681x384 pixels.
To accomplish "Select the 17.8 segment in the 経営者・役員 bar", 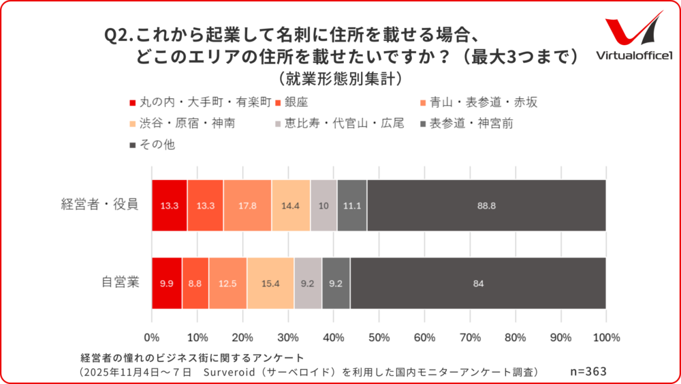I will [247, 205].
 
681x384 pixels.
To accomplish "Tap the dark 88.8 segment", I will [486, 205].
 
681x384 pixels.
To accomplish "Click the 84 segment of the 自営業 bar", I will [478, 283].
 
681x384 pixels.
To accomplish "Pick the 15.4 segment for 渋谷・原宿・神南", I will [270, 283].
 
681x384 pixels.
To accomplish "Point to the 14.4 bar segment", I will [291, 205].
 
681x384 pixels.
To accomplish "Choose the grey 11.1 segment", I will [352, 205].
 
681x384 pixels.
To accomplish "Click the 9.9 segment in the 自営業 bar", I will [167, 283].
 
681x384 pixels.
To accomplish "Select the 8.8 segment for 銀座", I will [195, 283].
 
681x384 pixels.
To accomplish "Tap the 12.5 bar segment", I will [228, 283].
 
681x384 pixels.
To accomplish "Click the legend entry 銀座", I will [295, 103].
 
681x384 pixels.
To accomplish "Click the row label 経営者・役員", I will [99, 205].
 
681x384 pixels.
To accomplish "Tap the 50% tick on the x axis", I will [379, 338].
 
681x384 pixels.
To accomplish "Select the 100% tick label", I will [605, 338].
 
